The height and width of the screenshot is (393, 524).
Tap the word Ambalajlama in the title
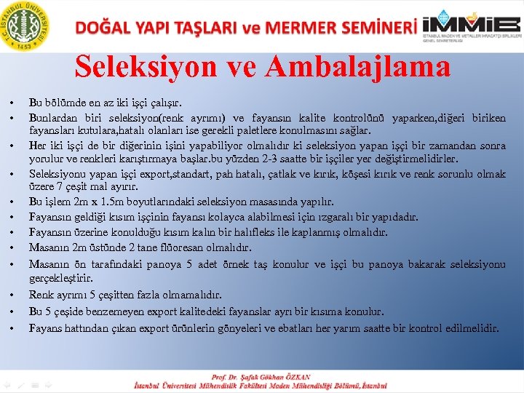click(x=358, y=67)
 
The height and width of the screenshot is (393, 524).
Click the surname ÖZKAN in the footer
click(x=295, y=377)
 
